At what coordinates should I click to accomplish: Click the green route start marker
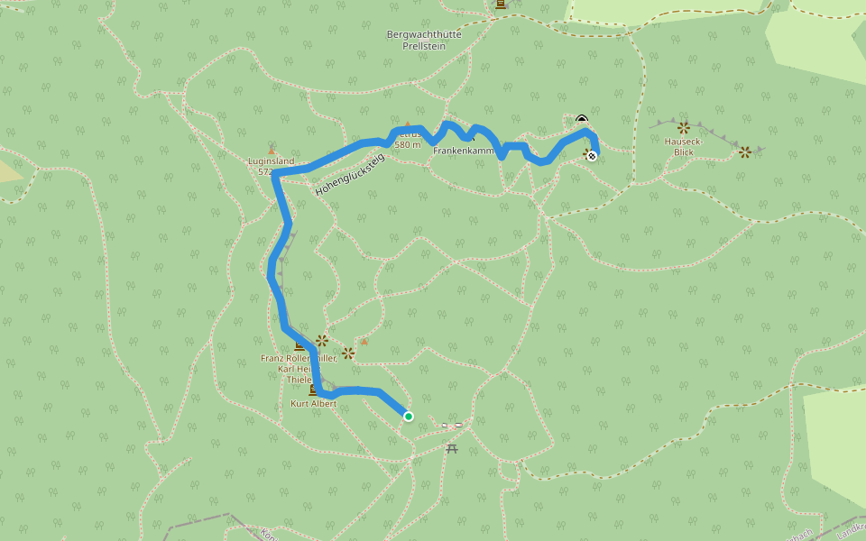409,416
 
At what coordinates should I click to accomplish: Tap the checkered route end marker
592,156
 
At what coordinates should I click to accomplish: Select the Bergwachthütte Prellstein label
424,40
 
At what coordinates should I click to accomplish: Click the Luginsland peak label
271,161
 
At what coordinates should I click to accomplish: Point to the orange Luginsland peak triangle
271,151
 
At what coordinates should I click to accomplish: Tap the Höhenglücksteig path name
350,176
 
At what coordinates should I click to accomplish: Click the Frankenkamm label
464,151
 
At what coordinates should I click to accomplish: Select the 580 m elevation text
408,144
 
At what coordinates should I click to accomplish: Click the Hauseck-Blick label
684,146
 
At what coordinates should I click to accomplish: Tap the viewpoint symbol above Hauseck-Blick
683,128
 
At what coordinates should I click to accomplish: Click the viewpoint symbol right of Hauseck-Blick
744,152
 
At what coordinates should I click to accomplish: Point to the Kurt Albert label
313,404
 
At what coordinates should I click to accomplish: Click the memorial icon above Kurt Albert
313,390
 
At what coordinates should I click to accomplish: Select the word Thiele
299,381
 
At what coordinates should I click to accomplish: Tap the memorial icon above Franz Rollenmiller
299,345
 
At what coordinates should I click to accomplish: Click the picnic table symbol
451,447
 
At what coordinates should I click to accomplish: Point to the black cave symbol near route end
582,119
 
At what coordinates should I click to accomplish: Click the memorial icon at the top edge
501,5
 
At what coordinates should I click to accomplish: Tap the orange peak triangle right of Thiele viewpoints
364,342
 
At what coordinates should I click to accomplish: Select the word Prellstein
424,45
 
